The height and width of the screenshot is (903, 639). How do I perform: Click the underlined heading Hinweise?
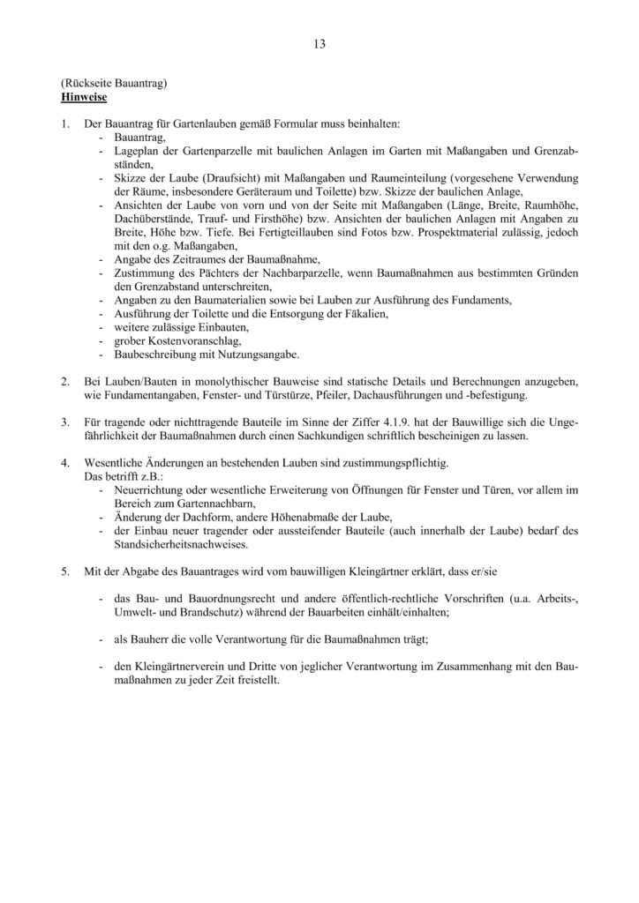click(84, 93)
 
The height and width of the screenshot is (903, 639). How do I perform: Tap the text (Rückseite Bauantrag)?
click(114, 81)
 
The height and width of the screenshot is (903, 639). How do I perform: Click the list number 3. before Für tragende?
click(66, 422)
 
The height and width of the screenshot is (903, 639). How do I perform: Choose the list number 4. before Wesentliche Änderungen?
click(66, 462)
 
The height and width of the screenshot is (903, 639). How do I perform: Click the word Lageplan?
click(139, 152)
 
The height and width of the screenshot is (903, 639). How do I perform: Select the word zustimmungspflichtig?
click(392, 462)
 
